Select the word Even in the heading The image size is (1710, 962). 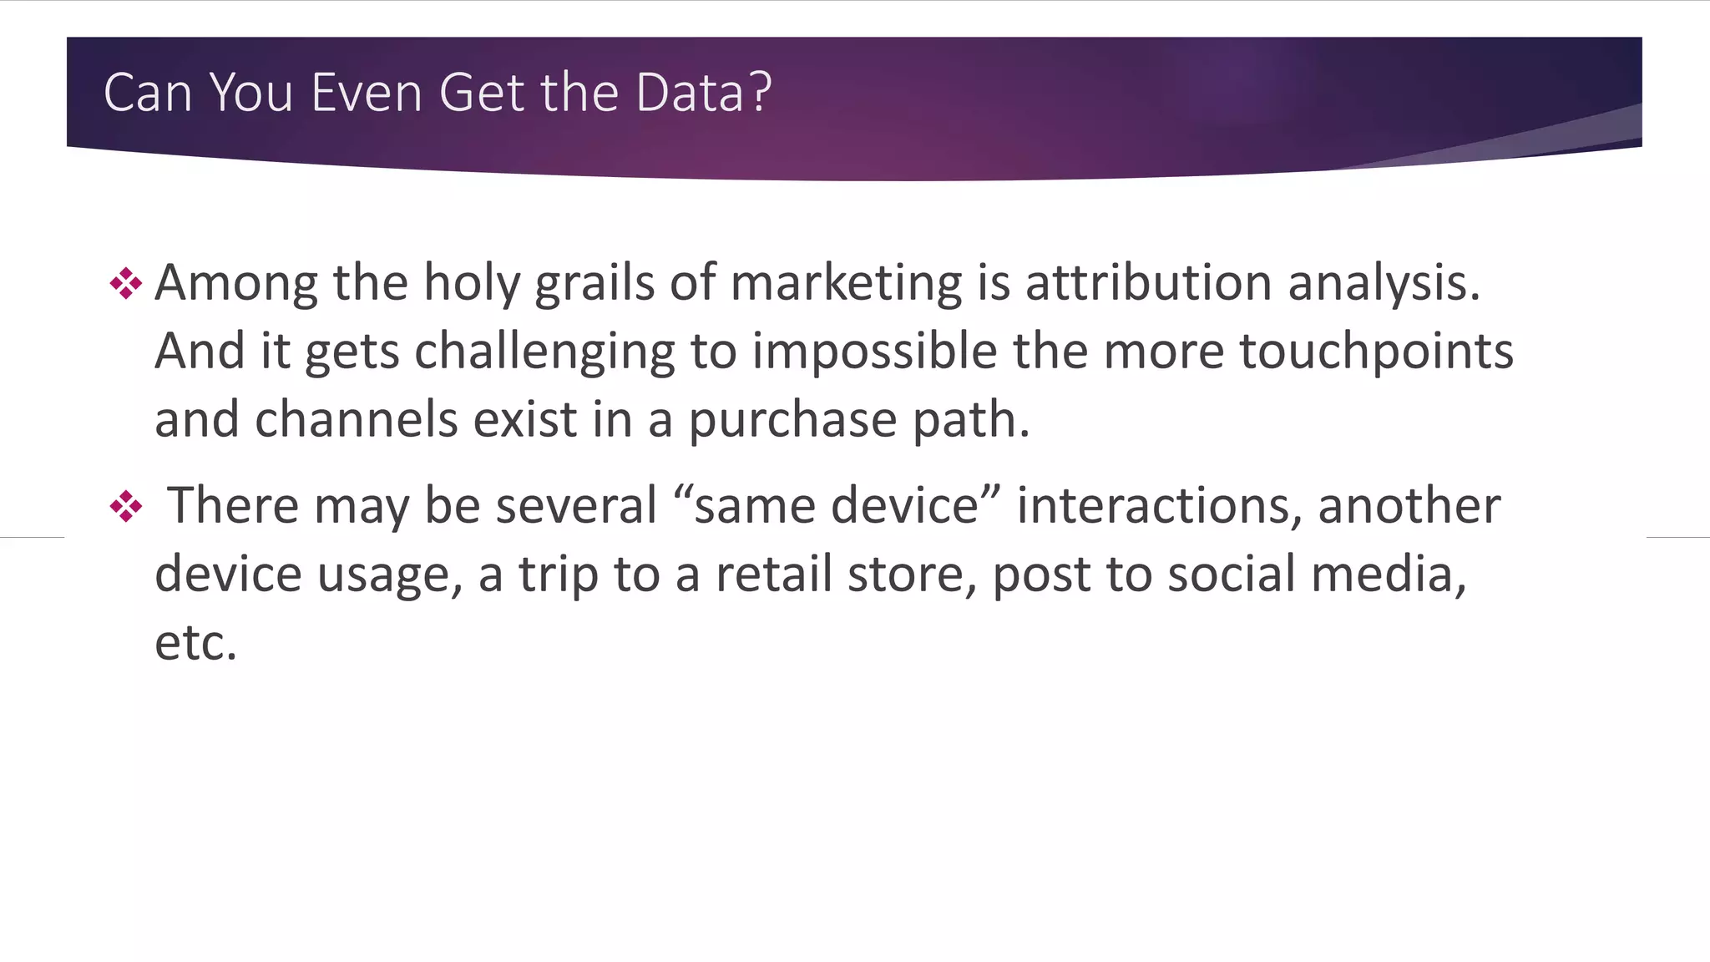coord(367,92)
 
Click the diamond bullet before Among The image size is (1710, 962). coord(125,284)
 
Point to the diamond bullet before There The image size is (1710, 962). coord(125,506)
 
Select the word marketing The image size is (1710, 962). coord(846,284)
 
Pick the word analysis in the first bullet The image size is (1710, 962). coord(1384,284)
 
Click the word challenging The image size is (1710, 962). coord(544,352)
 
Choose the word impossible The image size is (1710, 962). coord(874,351)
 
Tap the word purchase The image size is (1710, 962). coord(792,421)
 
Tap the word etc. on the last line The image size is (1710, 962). coord(196,643)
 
